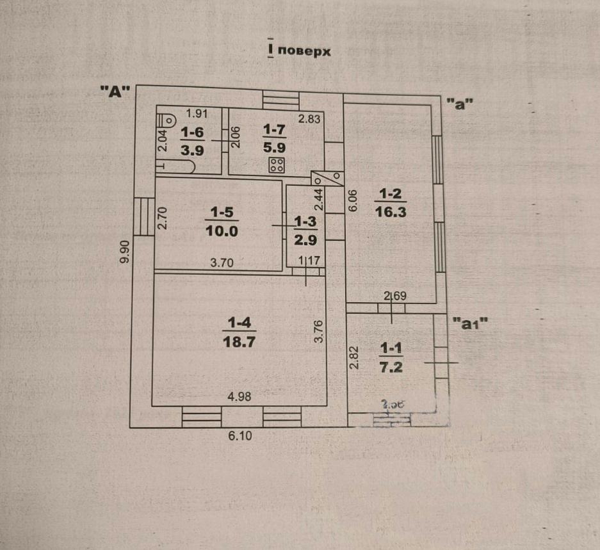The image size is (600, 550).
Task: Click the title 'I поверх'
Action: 299,51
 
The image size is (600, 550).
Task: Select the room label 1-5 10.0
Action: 222,221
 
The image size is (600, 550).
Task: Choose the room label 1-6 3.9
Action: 192,141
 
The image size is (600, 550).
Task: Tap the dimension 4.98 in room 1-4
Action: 239,396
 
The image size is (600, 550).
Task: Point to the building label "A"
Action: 115,92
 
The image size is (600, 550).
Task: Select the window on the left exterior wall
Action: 143,216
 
